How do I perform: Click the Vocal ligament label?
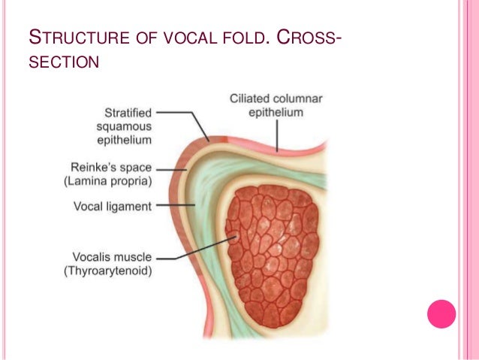tap(112, 205)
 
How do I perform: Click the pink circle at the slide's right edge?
tap(441, 313)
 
